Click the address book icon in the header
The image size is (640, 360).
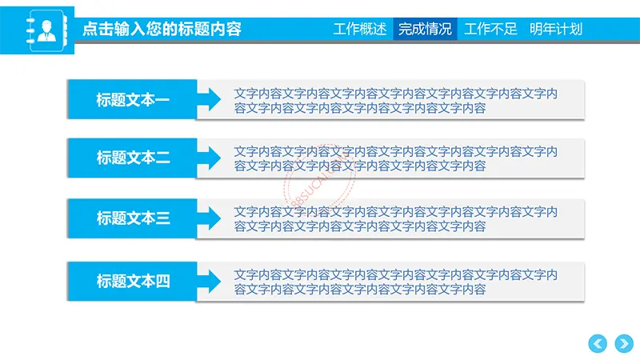46,30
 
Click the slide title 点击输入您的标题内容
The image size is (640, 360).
162,29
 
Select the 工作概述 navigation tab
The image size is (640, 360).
359,29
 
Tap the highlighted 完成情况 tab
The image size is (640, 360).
425,29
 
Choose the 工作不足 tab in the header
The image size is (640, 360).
490,29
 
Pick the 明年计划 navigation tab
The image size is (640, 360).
556,29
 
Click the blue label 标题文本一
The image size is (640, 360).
133,99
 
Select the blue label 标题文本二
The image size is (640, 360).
133,158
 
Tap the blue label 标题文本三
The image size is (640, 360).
133,218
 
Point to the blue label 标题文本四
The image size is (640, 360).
133,282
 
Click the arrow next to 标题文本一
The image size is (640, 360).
209,99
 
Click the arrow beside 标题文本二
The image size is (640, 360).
209,158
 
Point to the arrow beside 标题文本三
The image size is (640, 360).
209,218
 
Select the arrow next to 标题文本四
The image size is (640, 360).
209,282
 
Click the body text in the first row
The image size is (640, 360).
395,101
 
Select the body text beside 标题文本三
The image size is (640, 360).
395,219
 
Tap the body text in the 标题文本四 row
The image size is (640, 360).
395,282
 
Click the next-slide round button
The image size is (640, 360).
624,344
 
